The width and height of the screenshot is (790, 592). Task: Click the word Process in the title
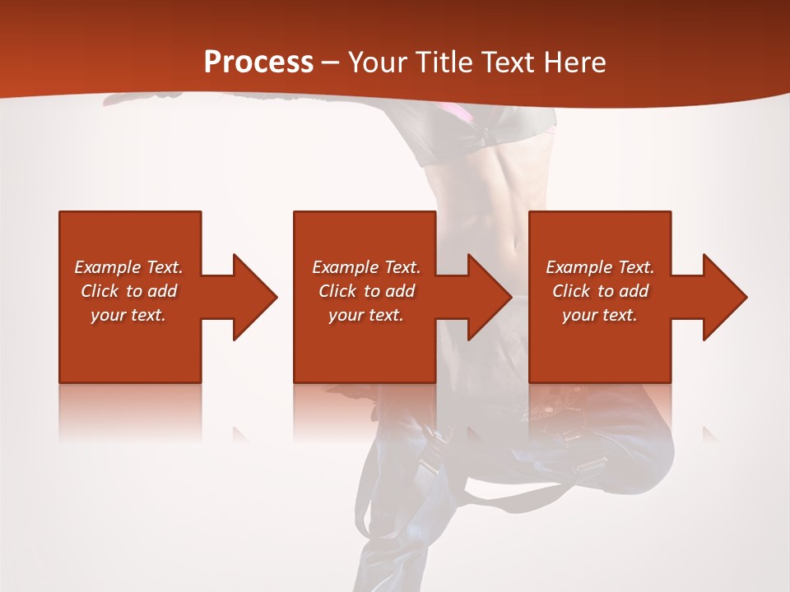pyautogui.click(x=258, y=62)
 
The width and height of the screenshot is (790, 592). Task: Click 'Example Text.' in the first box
pyautogui.click(x=128, y=267)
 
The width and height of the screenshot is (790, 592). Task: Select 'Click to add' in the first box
pyautogui.click(x=128, y=291)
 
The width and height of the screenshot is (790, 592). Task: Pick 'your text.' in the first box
pyautogui.click(x=128, y=315)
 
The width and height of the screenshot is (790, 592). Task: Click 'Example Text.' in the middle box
pyautogui.click(x=366, y=267)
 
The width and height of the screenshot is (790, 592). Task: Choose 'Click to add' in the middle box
pyautogui.click(x=366, y=291)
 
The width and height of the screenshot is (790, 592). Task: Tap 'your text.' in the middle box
pyautogui.click(x=366, y=315)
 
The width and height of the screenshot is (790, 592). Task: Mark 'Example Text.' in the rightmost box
pyautogui.click(x=600, y=267)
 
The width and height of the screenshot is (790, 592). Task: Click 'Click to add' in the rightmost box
pyautogui.click(x=600, y=291)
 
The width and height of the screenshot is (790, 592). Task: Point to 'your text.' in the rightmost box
pyautogui.click(x=600, y=315)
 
